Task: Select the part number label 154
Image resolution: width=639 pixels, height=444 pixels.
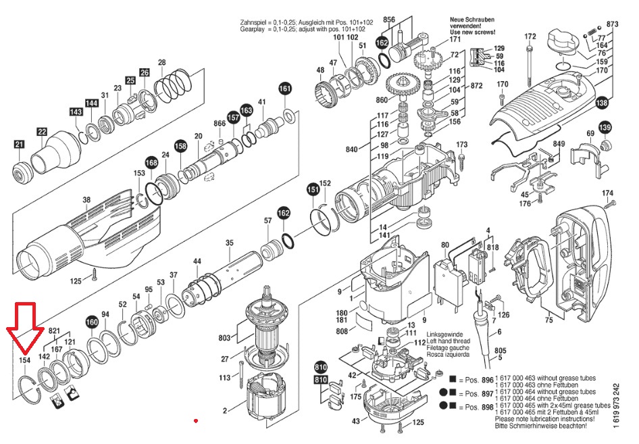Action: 25,361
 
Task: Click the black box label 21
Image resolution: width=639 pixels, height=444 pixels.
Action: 19,143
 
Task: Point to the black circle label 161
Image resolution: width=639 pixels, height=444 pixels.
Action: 285,89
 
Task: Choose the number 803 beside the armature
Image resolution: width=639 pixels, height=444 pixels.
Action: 224,337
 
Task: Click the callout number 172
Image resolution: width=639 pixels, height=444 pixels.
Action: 530,36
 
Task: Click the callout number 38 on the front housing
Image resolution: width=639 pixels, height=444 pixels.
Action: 86,200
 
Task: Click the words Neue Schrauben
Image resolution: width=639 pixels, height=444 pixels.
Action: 469,20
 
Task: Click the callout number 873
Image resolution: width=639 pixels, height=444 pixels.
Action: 612,24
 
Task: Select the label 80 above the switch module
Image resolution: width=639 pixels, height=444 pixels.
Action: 444,245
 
